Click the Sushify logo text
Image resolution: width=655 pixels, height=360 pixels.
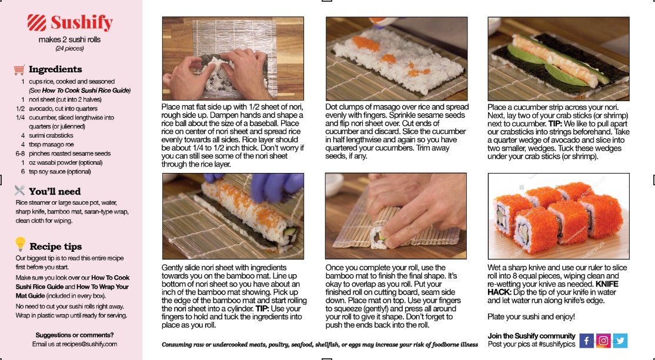pos(82,22)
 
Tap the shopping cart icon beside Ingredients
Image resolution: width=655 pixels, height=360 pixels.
pos(19,70)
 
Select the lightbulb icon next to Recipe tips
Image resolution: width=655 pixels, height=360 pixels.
pos(20,244)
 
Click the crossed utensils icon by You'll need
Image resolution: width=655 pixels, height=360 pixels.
pos(19,191)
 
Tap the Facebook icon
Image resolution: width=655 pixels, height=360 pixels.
pos(586,341)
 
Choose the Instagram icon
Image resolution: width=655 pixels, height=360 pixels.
pos(603,341)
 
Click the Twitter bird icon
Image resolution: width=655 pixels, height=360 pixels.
pos(620,341)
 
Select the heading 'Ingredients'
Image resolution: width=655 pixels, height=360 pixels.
pos(55,69)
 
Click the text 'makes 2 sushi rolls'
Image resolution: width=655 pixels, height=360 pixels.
pos(69,40)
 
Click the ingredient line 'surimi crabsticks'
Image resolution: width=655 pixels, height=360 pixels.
pos(51,135)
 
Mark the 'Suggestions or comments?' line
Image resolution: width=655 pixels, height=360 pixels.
pos(74,335)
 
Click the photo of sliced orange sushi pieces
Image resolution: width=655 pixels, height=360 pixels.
pos(559,216)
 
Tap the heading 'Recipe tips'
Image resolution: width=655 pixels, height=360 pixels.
pos(55,246)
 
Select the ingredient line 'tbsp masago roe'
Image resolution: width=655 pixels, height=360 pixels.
pos(51,145)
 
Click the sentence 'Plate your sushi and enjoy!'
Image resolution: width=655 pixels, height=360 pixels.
pos(531,317)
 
